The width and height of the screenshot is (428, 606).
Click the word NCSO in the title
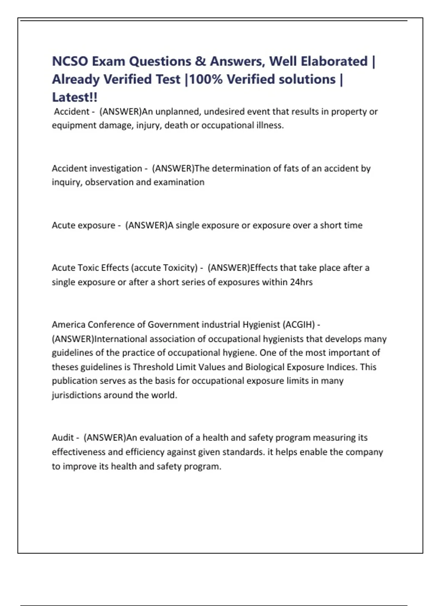70,61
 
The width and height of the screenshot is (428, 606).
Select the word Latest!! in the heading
75,97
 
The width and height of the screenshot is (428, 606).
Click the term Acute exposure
83,225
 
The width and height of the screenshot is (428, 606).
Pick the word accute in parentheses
147,268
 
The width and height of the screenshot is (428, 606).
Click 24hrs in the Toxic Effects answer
301,282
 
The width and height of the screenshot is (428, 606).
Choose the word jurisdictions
76,395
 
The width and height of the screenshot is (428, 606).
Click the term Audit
63,438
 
